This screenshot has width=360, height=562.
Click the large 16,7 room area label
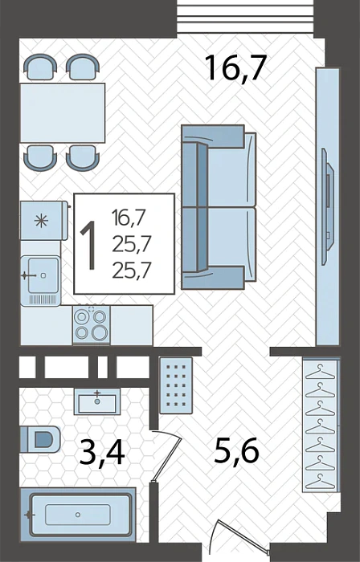[x=236, y=69]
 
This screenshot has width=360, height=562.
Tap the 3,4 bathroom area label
[x=102, y=452]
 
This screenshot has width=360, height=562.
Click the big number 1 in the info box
[x=88, y=245]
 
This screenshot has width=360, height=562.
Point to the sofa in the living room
[x=219, y=207]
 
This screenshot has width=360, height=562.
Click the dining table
[x=63, y=113]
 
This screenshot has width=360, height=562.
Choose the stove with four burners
[x=91, y=325]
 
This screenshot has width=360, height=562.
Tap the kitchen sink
[x=40, y=281]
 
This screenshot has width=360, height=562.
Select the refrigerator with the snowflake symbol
[x=43, y=221]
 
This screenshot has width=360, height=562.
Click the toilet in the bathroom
[x=39, y=439]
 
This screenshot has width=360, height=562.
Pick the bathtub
[x=78, y=515]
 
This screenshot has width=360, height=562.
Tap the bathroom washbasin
[x=97, y=401]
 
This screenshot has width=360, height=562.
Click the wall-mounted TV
[x=328, y=207]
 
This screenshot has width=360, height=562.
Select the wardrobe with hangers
[x=321, y=425]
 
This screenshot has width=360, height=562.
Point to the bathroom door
[x=166, y=456]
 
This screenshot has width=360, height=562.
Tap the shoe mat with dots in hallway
[x=176, y=385]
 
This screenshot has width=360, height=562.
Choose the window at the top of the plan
[x=245, y=17]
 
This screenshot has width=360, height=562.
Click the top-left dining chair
[x=40, y=67]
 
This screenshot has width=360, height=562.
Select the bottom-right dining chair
[x=83, y=157]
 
